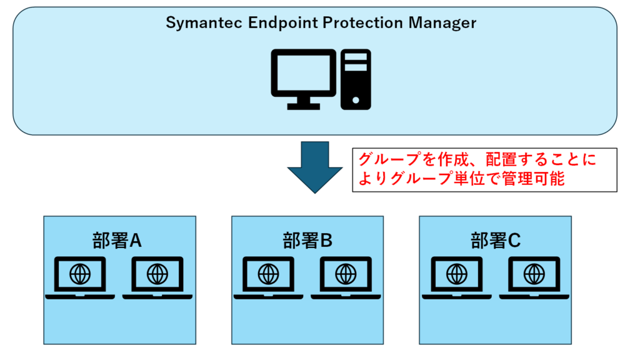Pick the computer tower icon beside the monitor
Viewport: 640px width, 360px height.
click(356, 79)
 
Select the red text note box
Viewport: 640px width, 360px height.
click(484, 170)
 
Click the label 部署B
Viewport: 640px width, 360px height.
click(307, 241)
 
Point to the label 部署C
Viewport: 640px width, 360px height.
click(495, 241)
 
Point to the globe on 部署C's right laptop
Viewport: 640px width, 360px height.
click(533, 274)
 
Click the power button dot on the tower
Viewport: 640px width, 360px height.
click(356, 99)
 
